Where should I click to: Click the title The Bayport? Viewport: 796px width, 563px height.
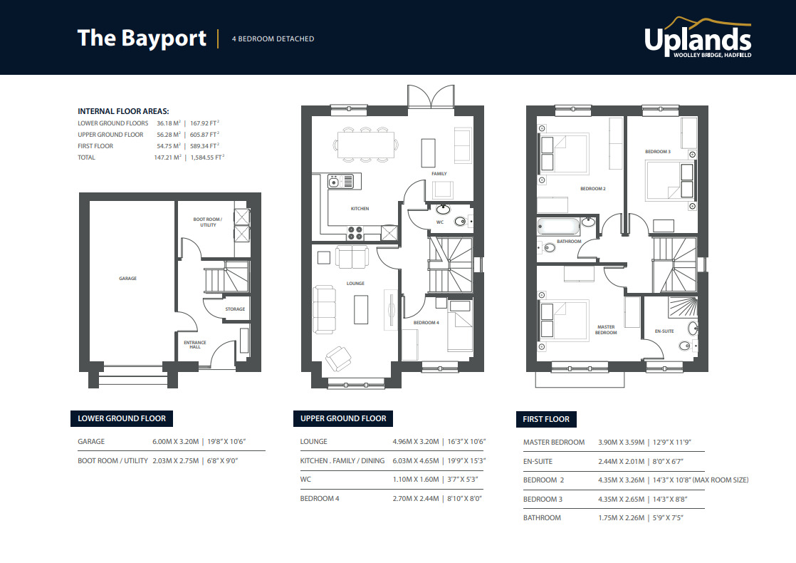tap(142, 38)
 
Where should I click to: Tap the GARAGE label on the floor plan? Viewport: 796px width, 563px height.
tap(128, 279)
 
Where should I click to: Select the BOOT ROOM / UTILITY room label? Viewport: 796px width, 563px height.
tap(208, 222)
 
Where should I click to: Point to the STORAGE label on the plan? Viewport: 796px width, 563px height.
tap(235, 309)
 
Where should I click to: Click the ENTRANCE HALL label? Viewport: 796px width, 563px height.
tap(195, 346)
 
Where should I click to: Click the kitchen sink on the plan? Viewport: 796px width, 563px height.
tap(341, 182)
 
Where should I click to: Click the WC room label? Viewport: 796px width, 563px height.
tap(440, 222)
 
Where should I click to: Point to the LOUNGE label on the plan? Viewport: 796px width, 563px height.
tap(355, 284)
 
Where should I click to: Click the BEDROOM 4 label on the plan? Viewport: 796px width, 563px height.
tap(426, 323)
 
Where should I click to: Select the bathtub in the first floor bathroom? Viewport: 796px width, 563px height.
tap(559, 227)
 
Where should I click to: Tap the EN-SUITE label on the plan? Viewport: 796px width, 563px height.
tap(664, 331)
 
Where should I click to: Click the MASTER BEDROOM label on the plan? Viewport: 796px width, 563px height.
tap(606, 330)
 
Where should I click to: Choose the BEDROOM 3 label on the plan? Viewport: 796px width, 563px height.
tap(657, 152)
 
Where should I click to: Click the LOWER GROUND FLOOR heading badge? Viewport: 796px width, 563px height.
tap(122, 418)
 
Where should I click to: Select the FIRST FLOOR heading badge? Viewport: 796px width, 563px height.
tap(546, 419)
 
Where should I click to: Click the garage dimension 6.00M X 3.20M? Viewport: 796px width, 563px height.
tap(174, 442)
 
